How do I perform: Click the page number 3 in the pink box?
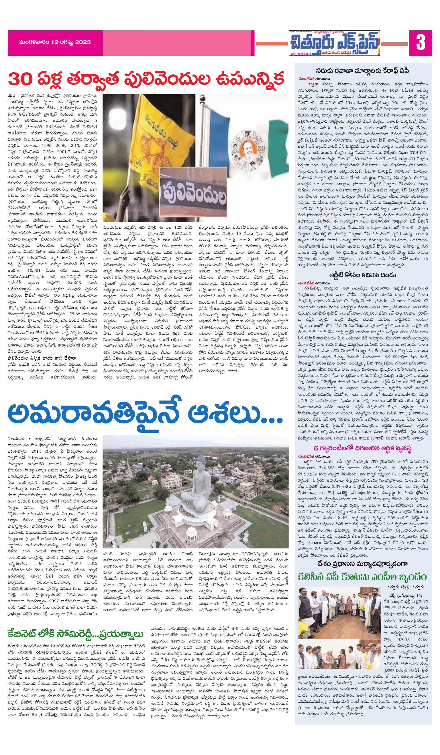click(420, 43)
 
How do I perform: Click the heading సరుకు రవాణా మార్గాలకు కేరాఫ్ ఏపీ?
click(363, 71)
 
